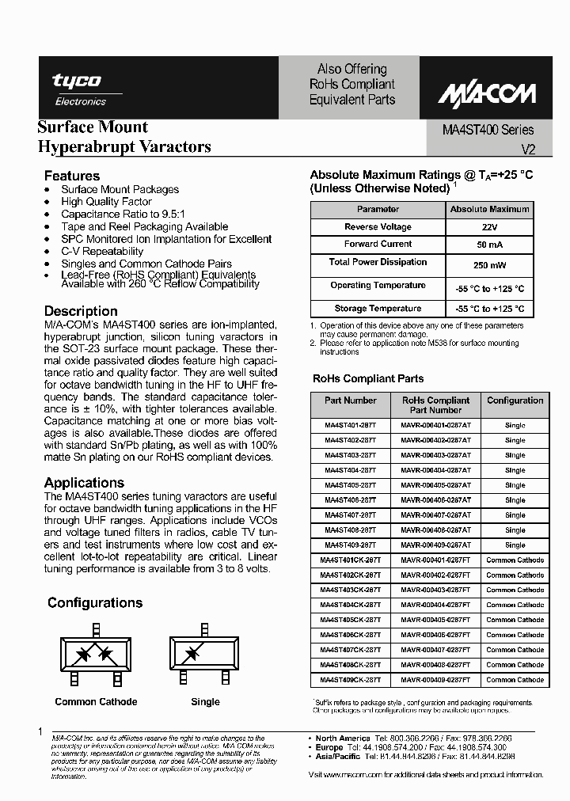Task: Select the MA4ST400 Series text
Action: coord(487,130)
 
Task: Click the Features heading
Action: coord(72,176)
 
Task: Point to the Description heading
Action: coord(81,311)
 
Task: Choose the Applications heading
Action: coord(84,483)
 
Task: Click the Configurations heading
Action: coord(95,603)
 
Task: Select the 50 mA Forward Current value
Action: coord(488,245)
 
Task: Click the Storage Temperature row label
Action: coord(378,309)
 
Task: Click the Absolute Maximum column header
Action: coord(489,210)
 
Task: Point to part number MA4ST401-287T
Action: coord(350,425)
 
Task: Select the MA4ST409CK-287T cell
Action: coord(350,680)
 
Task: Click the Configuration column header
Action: coord(515,400)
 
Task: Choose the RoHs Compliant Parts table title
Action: coord(368,378)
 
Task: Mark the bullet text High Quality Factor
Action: coord(107,202)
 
